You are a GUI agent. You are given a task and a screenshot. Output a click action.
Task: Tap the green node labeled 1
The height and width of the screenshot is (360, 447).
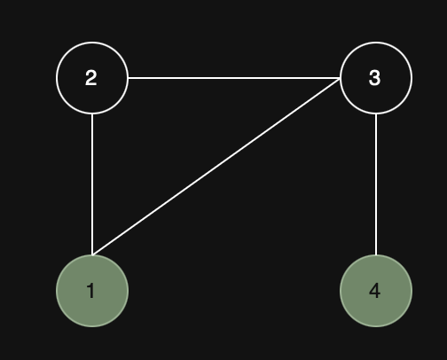(92, 291)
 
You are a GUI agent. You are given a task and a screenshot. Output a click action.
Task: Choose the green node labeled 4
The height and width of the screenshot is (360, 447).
(376, 291)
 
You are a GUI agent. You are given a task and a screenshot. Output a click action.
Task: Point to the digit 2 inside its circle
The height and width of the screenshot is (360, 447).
(91, 78)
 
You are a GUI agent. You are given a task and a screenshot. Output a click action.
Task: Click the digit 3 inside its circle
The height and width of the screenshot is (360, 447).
(374, 78)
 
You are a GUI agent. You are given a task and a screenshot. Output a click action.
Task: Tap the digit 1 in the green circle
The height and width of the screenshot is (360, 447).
(91, 291)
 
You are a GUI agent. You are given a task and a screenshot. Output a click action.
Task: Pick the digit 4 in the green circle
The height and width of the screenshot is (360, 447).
(374, 291)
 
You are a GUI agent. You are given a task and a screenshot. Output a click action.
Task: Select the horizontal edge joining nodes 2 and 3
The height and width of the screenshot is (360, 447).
(234, 78)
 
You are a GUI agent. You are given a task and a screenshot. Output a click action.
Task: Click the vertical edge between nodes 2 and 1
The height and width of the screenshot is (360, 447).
(92, 184)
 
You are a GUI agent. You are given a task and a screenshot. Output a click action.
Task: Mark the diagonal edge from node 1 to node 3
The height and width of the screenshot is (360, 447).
(216, 167)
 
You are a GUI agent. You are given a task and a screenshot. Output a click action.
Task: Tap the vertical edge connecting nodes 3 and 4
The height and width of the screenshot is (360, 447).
(376, 184)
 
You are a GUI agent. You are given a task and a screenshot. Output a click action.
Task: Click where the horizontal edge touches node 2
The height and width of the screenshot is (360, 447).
(129, 78)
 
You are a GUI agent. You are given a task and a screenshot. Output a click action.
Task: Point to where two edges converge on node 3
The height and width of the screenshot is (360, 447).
(340, 78)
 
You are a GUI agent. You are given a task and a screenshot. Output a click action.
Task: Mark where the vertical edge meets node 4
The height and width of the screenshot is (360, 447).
(376, 254)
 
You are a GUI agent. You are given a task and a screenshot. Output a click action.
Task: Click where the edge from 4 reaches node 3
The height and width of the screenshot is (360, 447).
(376, 114)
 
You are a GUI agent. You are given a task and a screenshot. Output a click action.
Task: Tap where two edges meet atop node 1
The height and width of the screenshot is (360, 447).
(92, 254)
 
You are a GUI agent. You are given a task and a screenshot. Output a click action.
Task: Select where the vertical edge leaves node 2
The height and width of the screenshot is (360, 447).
(92, 114)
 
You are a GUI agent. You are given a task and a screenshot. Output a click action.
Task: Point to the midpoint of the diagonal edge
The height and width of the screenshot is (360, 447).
(216, 167)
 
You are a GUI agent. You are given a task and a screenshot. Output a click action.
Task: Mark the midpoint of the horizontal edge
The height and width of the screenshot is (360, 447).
(234, 78)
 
